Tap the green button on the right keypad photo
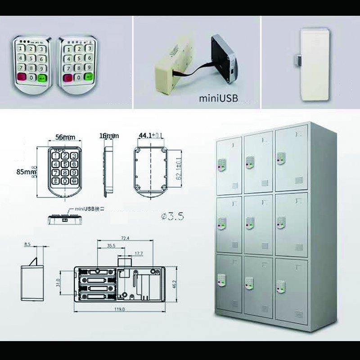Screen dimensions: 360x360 88,77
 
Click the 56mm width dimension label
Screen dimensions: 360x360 65,136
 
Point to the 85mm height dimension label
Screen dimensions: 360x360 26,171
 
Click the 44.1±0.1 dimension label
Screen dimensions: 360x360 151,135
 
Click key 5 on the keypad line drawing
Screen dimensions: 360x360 64,164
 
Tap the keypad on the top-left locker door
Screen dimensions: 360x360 222,165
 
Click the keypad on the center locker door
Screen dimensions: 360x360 249,222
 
